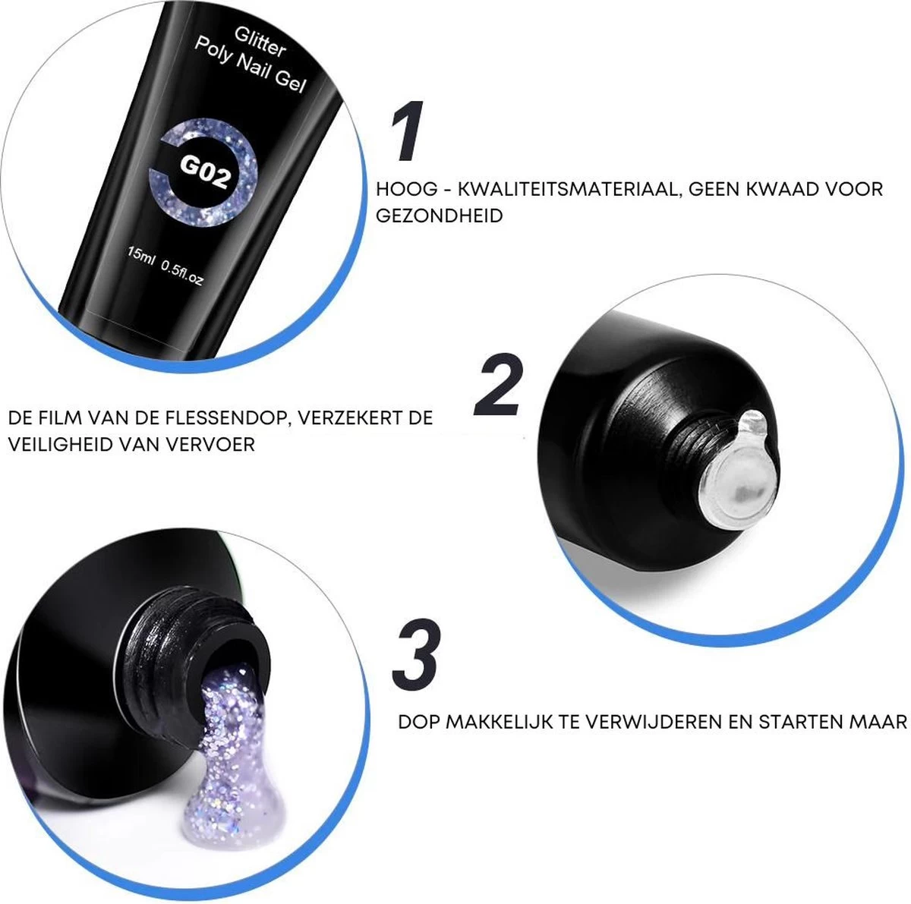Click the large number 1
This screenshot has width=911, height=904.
click(x=408, y=134)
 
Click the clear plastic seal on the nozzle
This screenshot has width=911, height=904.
click(x=736, y=467)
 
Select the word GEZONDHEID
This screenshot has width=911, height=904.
click(x=439, y=216)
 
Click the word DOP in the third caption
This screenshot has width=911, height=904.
click(x=418, y=721)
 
